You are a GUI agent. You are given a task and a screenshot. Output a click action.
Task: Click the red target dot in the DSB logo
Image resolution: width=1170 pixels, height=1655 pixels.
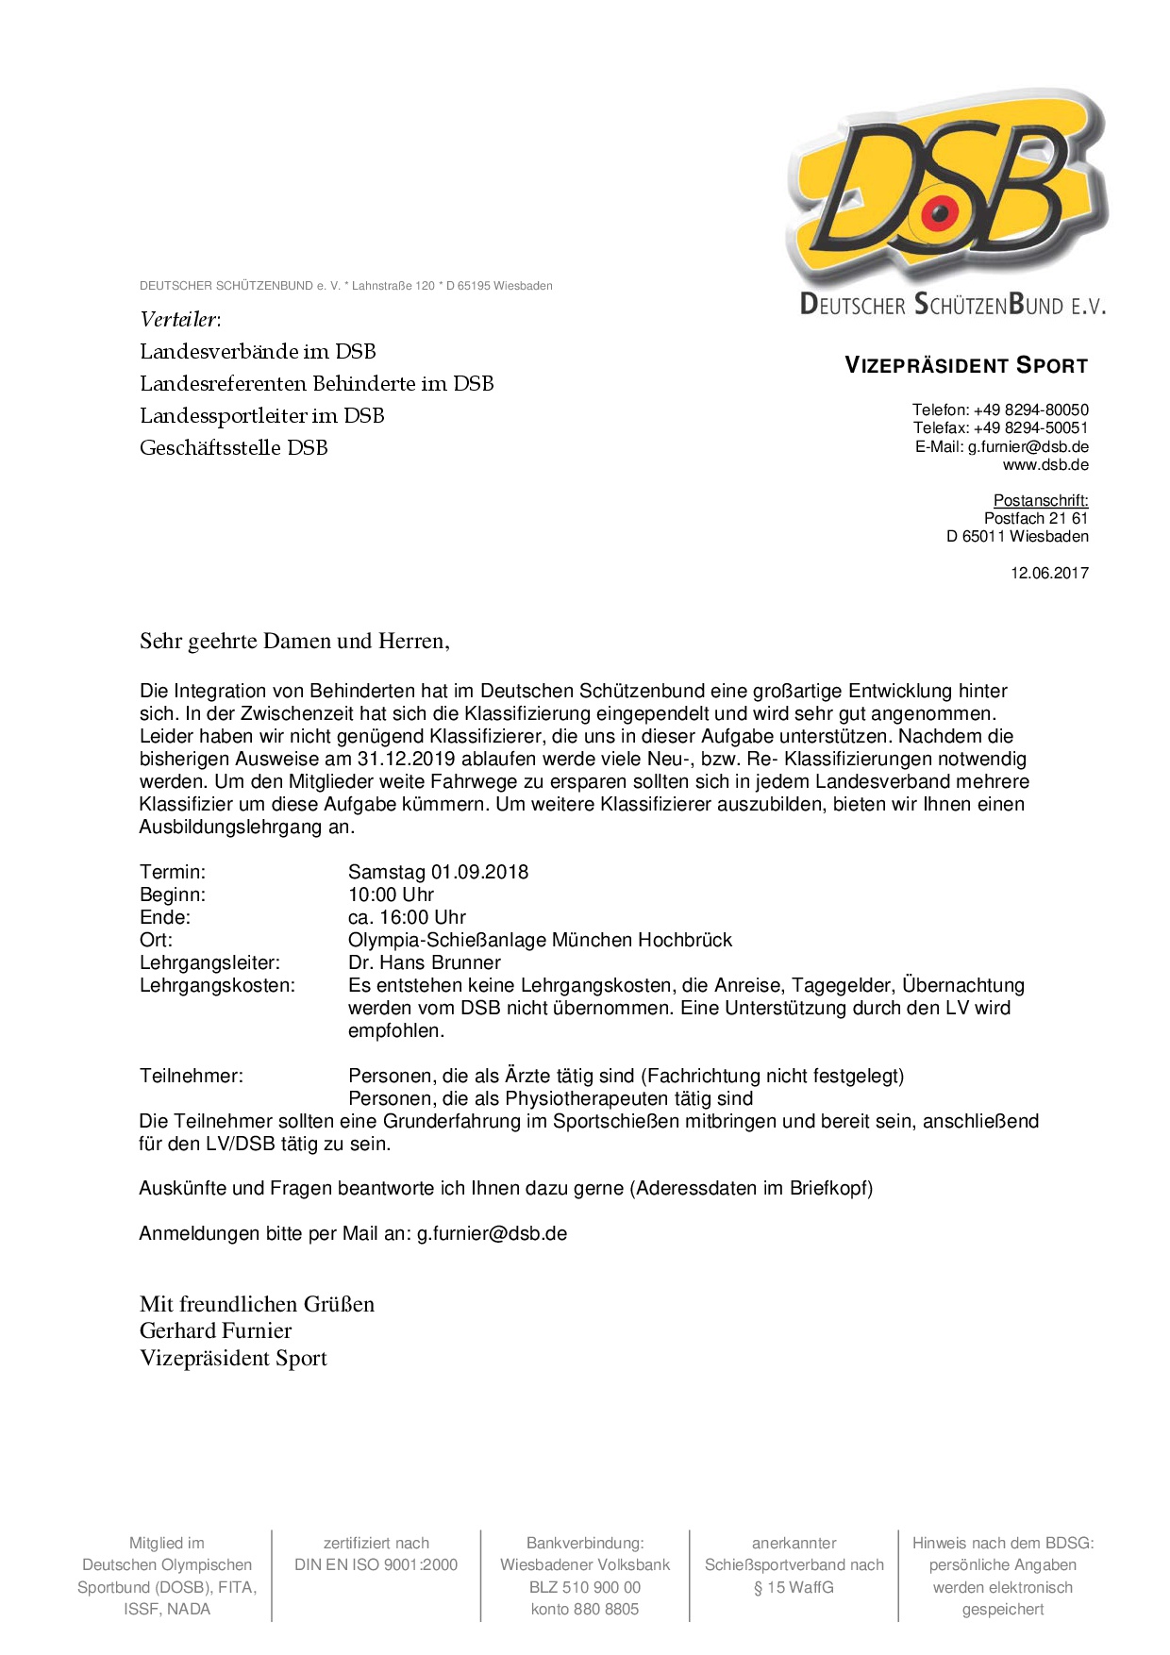(x=940, y=213)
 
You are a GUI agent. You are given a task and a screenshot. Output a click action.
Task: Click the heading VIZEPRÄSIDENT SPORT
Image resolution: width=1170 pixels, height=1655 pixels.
(x=966, y=366)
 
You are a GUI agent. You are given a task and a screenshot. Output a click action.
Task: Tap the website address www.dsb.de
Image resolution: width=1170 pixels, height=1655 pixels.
(x=1045, y=464)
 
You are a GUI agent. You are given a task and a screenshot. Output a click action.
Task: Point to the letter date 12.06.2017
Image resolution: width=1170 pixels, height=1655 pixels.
(x=1049, y=573)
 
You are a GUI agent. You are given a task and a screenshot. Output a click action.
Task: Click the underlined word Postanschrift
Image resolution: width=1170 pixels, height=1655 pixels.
(x=1041, y=500)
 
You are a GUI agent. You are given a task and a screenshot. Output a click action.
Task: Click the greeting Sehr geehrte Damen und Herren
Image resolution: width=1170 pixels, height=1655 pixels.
(x=293, y=642)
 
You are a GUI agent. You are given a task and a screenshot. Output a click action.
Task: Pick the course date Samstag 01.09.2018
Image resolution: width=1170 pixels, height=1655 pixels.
(x=438, y=872)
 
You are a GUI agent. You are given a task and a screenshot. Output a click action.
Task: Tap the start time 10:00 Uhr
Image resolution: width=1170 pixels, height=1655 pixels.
(x=391, y=894)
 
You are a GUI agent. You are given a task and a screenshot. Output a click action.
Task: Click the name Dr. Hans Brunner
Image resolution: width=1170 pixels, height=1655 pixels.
(x=424, y=962)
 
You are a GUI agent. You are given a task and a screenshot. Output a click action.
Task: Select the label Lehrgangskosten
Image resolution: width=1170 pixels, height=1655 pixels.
(x=217, y=985)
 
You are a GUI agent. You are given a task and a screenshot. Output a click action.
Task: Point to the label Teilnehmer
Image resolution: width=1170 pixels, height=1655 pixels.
(x=191, y=1076)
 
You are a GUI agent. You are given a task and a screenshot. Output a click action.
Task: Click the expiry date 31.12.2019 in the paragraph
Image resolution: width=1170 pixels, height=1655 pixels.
(x=406, y=759)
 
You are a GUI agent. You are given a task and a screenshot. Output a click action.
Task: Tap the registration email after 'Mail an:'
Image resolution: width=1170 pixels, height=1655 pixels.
(x=492, y=1233)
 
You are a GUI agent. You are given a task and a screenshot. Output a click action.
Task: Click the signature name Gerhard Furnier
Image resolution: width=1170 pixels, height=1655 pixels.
(x=215, y=1330)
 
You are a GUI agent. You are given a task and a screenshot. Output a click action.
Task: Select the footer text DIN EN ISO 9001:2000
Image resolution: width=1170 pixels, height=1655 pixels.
(x=376, y=1564)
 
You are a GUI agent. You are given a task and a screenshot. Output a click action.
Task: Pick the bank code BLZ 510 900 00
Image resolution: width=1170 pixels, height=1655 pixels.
(x=585, y=1587)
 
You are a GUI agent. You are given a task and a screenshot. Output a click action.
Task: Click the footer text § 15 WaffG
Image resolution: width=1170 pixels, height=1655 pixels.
(x=794, y=1587)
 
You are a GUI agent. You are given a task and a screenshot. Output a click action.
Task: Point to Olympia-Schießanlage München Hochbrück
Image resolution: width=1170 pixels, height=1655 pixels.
(x=540, y=940)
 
